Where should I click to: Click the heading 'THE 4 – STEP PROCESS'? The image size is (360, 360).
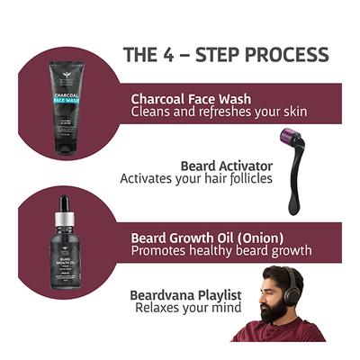pyautogui.click(x=225, y=55)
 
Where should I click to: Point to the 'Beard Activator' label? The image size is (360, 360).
pyautogui.click(x=222, y=166)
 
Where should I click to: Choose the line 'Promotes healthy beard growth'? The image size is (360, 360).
pyautogui.click(x=221, y=250)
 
